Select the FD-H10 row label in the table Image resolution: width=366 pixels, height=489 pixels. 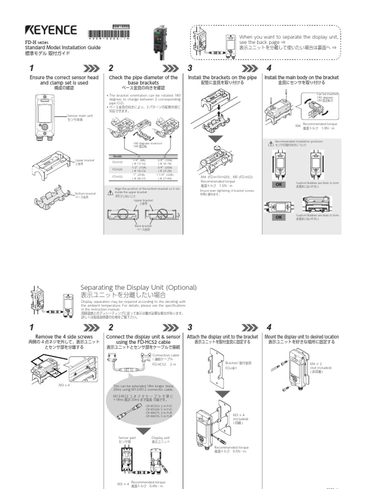117,162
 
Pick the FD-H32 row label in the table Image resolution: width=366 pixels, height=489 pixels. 117,176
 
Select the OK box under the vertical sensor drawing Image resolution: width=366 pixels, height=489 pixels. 279,184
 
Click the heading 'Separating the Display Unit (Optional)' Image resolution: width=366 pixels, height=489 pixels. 138,287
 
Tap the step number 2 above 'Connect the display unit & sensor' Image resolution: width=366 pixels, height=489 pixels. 111,327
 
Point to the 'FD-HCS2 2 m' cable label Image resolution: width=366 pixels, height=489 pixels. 163,363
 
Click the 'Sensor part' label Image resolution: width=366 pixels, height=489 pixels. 124,439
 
